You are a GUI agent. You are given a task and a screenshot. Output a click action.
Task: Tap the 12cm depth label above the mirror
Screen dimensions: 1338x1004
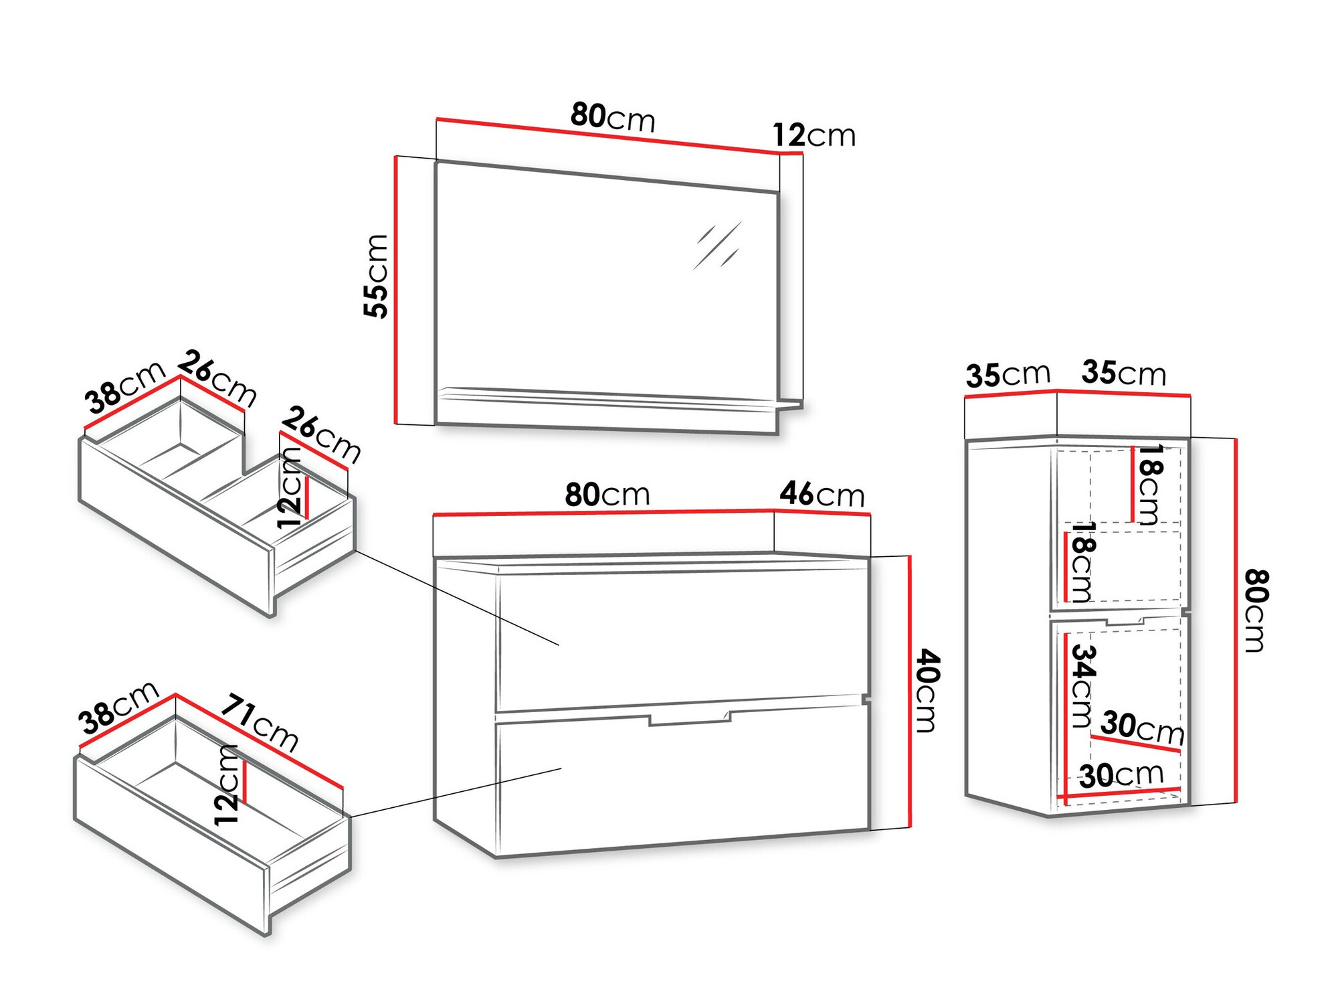click(814, 135)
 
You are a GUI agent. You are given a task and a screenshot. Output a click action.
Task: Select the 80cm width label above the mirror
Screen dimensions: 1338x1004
click(613, 117)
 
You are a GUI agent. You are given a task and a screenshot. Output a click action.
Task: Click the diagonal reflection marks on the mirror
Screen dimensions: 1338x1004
click(717, 245)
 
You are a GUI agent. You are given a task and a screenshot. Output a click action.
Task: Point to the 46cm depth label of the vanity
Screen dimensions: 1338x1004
click(822, 495)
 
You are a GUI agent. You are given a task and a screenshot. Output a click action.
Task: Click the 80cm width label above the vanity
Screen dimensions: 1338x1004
click(607, 495)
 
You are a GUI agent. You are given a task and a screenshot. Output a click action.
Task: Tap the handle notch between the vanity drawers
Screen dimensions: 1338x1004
click(690, 718)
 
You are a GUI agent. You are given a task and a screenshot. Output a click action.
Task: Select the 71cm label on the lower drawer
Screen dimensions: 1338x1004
click(260, 724)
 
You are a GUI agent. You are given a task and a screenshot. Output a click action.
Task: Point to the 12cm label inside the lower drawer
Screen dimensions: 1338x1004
click(227, 784)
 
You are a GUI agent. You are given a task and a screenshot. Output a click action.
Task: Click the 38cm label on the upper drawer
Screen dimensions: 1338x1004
click(125, 387)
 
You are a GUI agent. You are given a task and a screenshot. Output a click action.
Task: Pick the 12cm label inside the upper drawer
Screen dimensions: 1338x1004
click(290, 487)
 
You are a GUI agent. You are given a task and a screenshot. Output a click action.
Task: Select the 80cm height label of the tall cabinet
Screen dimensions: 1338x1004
click(1256, 610)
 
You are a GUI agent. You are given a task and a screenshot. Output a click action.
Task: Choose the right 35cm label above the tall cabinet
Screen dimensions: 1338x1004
click(1124, 373)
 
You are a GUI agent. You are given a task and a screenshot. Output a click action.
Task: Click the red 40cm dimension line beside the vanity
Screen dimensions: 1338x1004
click(910, 691)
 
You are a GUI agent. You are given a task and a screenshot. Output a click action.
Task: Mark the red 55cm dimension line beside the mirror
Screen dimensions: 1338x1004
click(395, 290)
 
